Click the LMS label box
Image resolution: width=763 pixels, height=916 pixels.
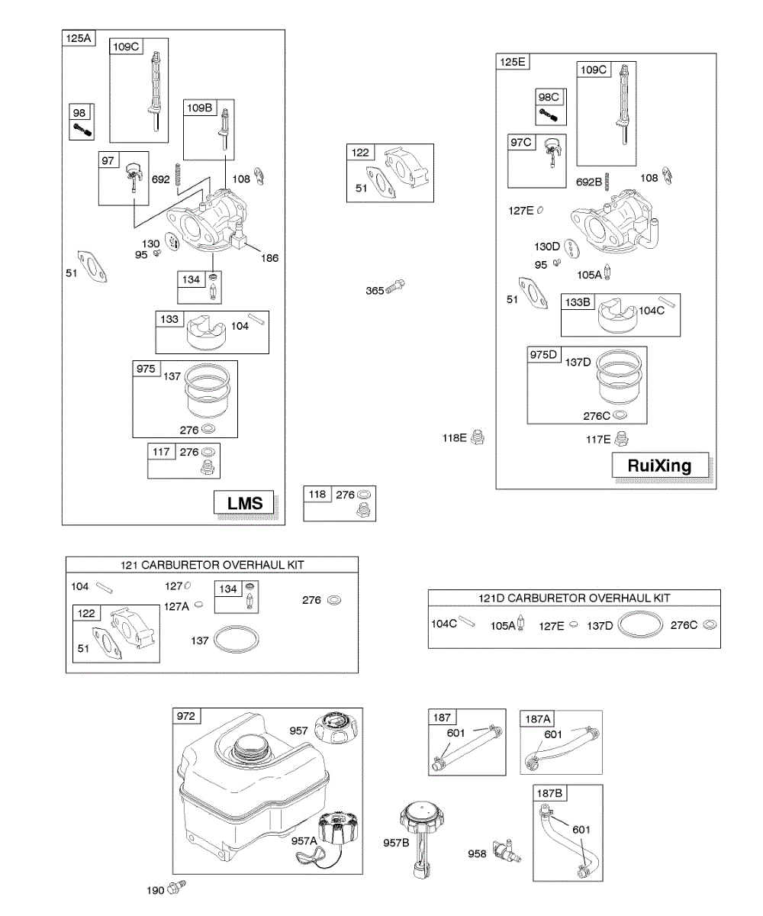(x=245, y=502)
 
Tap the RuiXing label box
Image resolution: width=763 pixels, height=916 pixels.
(x=659, y=465)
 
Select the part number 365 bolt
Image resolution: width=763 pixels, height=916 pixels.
(x=396, y=287)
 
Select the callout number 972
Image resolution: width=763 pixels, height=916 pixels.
(x=186, y=717)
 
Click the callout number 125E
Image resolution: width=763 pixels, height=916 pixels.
(x=512, y=63)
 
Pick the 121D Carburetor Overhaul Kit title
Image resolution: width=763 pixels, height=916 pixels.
(x=574, y=598)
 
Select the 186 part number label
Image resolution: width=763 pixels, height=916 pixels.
(x=269, y=258)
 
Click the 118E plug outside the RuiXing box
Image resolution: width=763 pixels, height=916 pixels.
(x=478, y=438)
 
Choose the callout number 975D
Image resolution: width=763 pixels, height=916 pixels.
(x=545, y=355)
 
